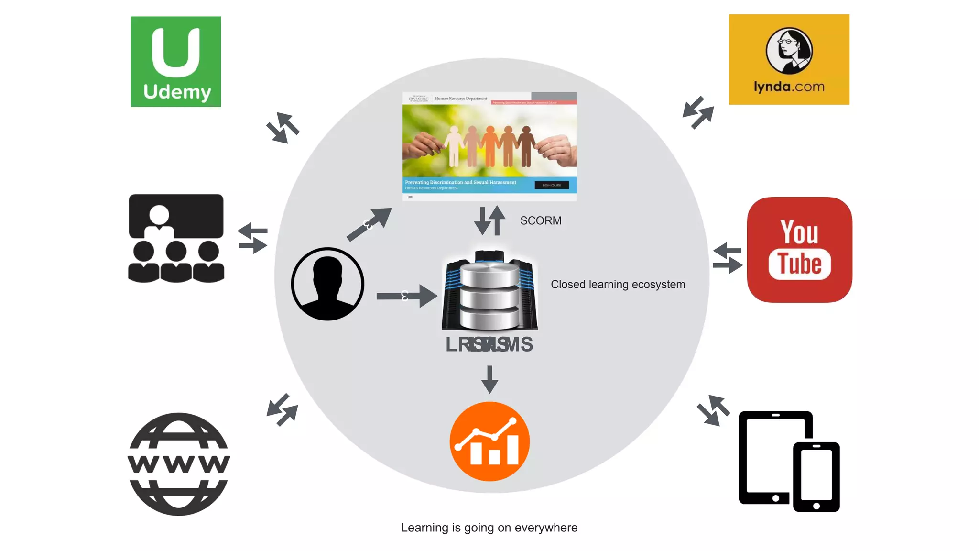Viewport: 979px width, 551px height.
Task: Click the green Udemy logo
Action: click(x=175, y=62)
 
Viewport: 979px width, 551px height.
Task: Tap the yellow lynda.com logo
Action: click(x=789, y=59)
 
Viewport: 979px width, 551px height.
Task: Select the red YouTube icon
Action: click(x=799, y=250)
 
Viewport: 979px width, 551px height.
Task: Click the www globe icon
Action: click(x=179, y=464)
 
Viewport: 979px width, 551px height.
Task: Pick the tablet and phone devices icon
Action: click(x=789, y=461)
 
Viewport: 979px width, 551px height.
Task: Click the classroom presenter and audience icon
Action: click(x=176, y=238)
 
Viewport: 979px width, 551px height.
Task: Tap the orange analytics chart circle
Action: click(x=489, y=441)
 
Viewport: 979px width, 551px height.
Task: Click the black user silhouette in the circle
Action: click(x=327, y=284)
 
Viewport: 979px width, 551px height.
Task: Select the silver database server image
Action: click(x=489, y=291)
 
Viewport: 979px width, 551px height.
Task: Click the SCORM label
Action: click(x=541, y=220)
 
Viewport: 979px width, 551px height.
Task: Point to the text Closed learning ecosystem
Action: click(x=618, y=285)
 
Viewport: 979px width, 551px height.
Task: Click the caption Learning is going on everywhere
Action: click(x=489, y=528)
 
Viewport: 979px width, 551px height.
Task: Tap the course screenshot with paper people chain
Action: click(x=489, y=143)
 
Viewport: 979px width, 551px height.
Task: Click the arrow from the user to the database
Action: click(x=406, y=296)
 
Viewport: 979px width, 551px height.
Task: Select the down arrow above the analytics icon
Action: click(x=489, y=379)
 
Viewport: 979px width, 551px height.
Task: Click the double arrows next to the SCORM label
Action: click(x=490, y=220)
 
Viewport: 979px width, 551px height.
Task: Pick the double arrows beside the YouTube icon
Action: click(x=727, y=258)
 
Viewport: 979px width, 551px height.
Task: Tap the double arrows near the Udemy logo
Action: click(x=283, y=128)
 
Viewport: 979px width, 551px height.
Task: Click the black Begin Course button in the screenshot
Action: click(x=552, y=185)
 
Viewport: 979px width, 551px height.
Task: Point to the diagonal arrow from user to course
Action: click(x=370, y=224)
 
